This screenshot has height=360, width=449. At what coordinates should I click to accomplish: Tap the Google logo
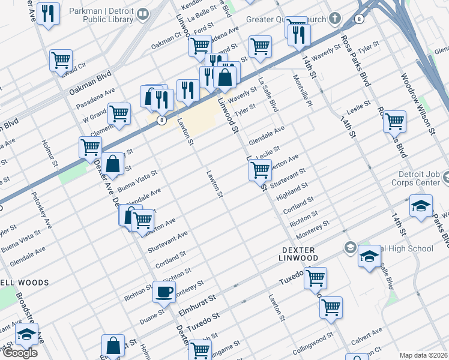(19, 353)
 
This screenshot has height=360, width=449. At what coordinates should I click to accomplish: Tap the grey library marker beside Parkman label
(143, 14)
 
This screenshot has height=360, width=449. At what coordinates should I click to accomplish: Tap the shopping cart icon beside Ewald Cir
(60, 60)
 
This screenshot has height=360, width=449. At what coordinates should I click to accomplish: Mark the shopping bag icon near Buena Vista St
(112, 163)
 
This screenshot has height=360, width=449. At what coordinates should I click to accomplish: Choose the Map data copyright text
(423, 355)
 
